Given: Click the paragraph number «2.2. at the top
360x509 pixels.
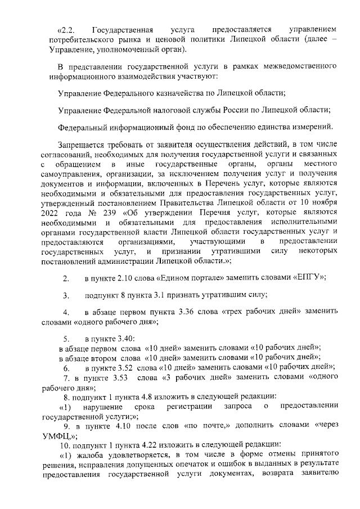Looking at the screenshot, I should (x=67, y=29).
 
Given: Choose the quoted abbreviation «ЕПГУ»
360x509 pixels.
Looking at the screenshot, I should (x=306, y=278).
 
